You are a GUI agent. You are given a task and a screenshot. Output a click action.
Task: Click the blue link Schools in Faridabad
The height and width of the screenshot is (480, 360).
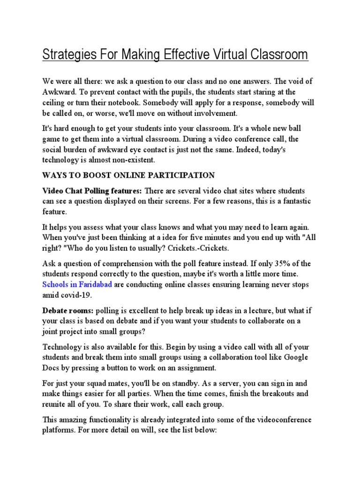pos(77,285)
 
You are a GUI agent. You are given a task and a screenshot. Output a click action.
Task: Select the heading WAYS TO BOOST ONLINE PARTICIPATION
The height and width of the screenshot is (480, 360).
pos(128,175)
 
